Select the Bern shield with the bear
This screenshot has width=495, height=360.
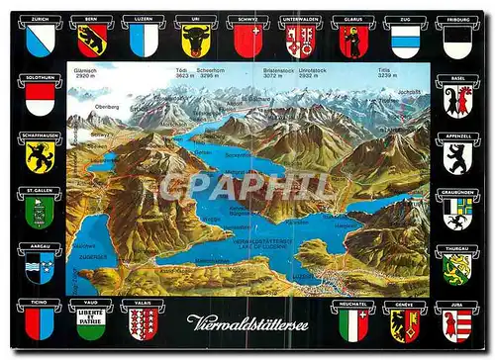tap(91, 42)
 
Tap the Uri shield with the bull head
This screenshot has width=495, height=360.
tap(196, 42)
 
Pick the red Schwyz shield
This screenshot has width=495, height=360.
tap(247, 42)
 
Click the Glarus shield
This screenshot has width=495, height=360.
tap(352, 42)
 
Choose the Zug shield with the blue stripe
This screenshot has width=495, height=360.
tap(405, 42)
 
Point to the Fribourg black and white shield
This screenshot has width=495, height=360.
tap(456, 42)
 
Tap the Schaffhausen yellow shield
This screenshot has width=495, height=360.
tap(40, 156)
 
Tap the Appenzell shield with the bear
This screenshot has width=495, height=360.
tap(456, 156)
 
